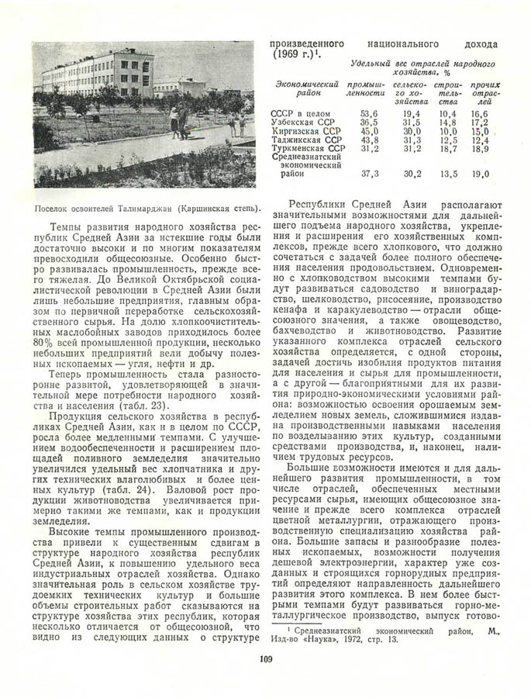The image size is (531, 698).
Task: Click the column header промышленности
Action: [367, 88]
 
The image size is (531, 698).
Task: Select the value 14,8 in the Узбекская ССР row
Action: [448, 123]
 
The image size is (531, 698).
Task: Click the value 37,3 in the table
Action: [370, 174]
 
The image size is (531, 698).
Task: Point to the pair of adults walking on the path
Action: [178, 123]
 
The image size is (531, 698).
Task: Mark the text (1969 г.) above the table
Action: [295, 54]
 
